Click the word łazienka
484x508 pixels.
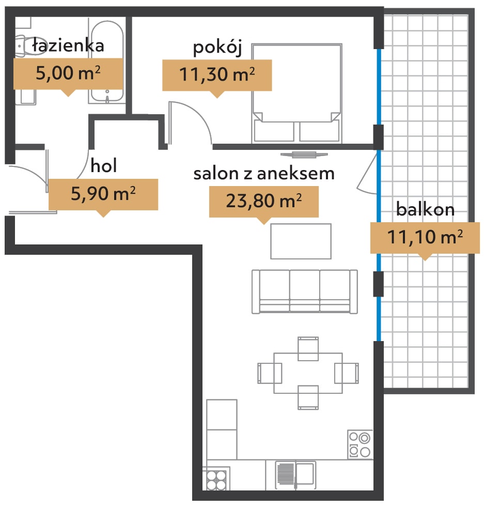[68, 45]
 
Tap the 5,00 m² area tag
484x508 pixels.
[68, 74]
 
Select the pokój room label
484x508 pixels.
[217, 48]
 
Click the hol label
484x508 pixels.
[104, 165]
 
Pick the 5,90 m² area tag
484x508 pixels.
[103, 194]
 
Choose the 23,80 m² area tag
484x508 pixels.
[264, 202]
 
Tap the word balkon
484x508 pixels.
[426, 209]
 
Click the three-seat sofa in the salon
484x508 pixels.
[305, 291]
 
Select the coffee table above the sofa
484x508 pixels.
[301, 241]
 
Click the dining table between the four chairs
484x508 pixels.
[308, 373]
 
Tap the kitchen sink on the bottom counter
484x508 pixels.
[295, 475]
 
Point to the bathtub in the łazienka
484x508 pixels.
[107, 61]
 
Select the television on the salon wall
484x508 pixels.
[304, 155]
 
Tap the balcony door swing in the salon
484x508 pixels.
[367, 173]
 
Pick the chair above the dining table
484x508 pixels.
[308, 349]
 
